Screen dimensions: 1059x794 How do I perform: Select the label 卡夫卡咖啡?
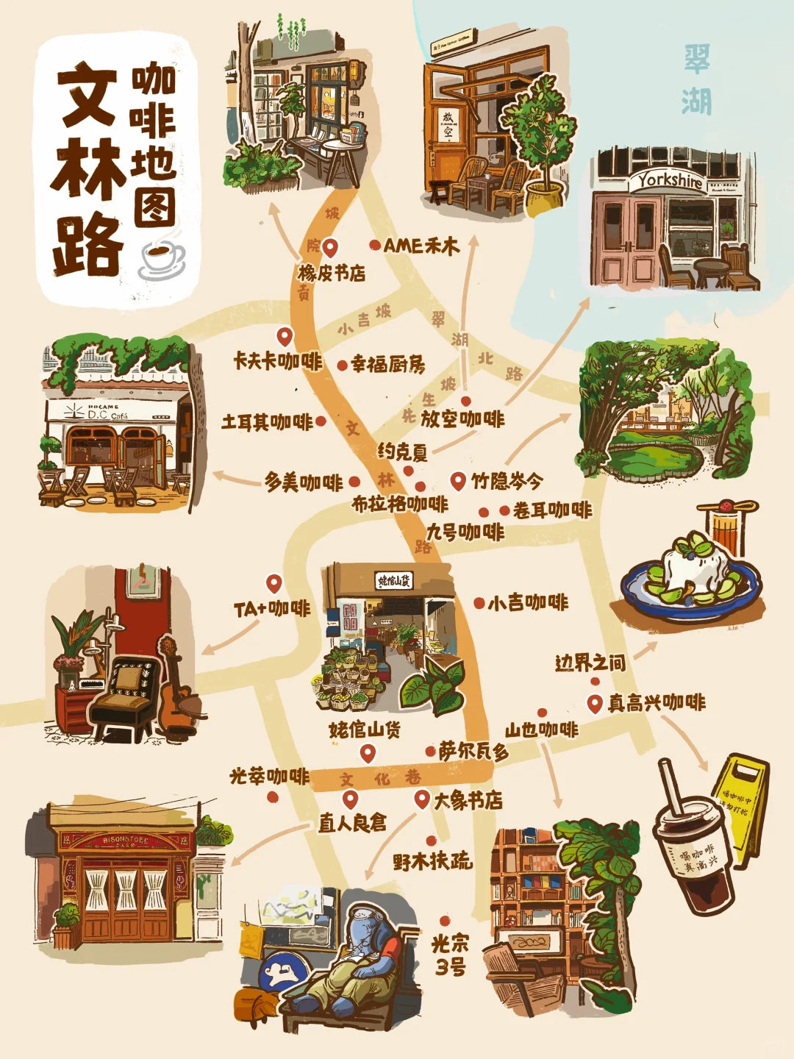pos(277,361)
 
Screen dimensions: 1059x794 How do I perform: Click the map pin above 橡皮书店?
pos(330,247)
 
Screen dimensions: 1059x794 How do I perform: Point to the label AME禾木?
pos(421,246)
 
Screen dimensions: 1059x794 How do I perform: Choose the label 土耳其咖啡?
pos(267,422)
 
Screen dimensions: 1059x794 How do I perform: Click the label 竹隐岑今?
pos(507,482)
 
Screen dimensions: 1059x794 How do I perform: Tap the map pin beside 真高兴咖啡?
pos(595,703)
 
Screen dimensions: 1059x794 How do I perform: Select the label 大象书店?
pos(468,800)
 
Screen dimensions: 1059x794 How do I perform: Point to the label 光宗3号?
pos(450,955)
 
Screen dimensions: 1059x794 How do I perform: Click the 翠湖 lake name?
pos(696,79)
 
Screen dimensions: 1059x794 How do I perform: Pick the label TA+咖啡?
pos(272,609)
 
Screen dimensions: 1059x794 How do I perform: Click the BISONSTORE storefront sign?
pos(126,840)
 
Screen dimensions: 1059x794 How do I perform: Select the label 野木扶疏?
pos(432,861)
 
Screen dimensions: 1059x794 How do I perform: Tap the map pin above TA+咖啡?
pos(274,584)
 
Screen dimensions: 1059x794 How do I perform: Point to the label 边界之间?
pos(590,663)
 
